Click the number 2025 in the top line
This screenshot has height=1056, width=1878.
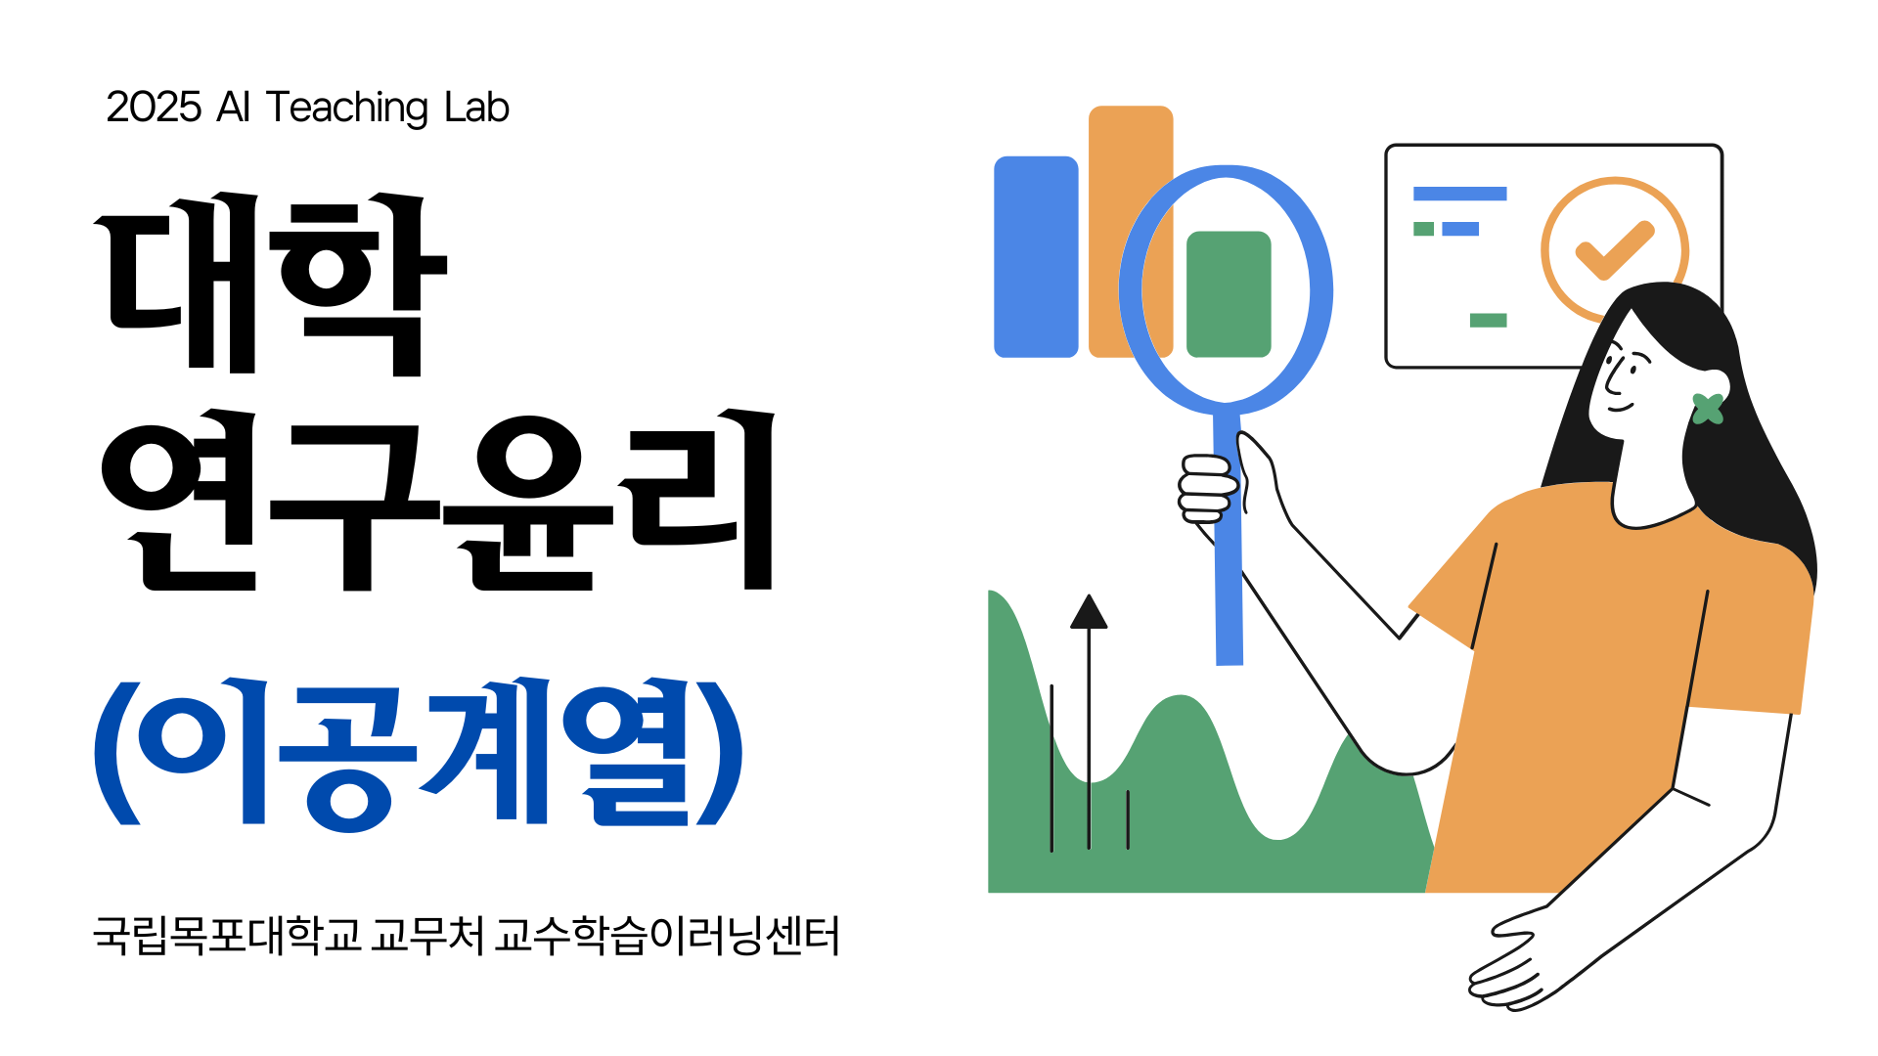[x=154, y=108]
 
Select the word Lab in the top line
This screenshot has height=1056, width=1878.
[x=477, y=108]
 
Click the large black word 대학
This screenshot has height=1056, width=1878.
[x=271, y=284]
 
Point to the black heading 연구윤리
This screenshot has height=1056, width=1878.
[x=438, y=500]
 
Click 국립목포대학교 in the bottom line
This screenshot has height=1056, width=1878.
[x=227, y=936]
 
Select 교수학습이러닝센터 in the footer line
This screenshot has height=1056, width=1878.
[x=667, y=936]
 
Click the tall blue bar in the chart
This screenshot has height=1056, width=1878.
[x=1036, y=257]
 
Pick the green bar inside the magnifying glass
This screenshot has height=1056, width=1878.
[x=1229, y=294]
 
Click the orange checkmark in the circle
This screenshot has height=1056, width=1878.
[x=1615, y=250]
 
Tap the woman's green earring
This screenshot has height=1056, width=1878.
[x=1708, y=409]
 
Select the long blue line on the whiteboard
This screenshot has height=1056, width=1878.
[x=1459, y=194]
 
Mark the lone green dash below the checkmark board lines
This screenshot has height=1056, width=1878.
[x=1488, y=320]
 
